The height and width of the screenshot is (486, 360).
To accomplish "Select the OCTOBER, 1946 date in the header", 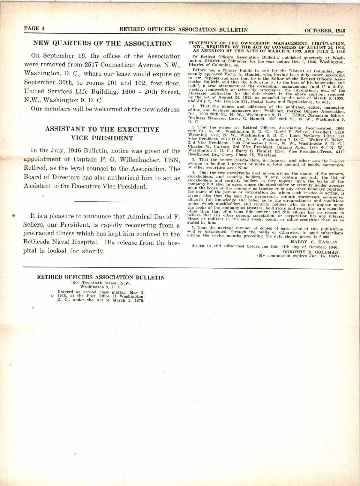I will [325, 30].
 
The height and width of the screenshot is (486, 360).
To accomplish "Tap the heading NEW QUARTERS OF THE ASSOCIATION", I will [102, 43].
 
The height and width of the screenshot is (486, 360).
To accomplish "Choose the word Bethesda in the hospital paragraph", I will [37, 243].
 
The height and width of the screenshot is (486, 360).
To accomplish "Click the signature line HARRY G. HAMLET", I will [315, 242].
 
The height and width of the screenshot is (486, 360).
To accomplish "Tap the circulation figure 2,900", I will [324, 237].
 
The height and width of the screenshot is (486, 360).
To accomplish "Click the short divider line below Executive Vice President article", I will [101, 201].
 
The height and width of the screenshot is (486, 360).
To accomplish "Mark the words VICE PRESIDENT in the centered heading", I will [102, 138].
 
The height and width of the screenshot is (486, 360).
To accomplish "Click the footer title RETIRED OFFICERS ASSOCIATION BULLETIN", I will [101, 277].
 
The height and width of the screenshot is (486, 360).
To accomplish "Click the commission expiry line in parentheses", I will [298, 256].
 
